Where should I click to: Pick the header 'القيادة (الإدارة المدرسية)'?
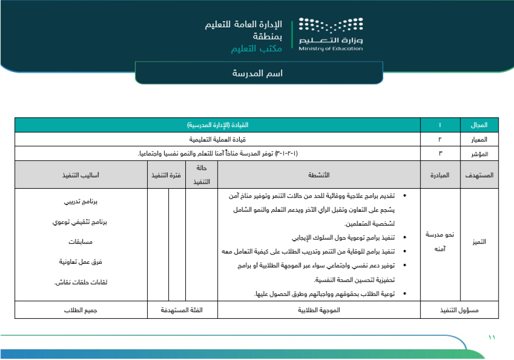(x=217, y=125)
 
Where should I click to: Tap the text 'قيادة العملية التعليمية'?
(x=217, y=139)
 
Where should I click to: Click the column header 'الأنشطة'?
(x=320, y=175)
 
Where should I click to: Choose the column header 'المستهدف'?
(x=478, y=175)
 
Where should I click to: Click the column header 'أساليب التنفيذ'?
(x=81, y=175)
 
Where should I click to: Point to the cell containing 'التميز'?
(x=478, y=242)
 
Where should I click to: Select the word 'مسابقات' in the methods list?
(x=81, y=242)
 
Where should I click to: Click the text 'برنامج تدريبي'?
(x=81, y=202)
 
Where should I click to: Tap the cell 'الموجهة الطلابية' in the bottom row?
(x=320, y=311)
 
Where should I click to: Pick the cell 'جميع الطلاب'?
(x=81, y=311)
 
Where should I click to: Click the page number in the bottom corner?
(x=491, y=337)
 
